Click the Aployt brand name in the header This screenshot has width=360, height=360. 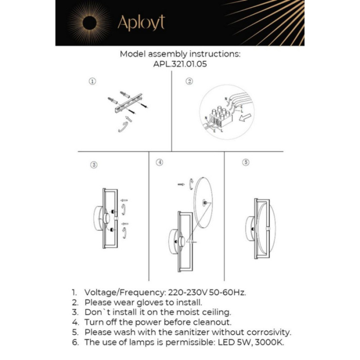coord(141,23)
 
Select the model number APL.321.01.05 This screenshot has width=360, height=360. coord(180,65)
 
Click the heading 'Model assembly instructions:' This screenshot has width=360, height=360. coord(180,54)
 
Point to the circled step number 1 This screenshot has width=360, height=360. coord(92,81)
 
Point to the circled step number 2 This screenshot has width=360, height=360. coord(189,81)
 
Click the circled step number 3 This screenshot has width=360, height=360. coord(94,165)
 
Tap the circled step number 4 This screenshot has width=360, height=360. coord(159,163)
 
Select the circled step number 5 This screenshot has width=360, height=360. coord(246,163)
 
